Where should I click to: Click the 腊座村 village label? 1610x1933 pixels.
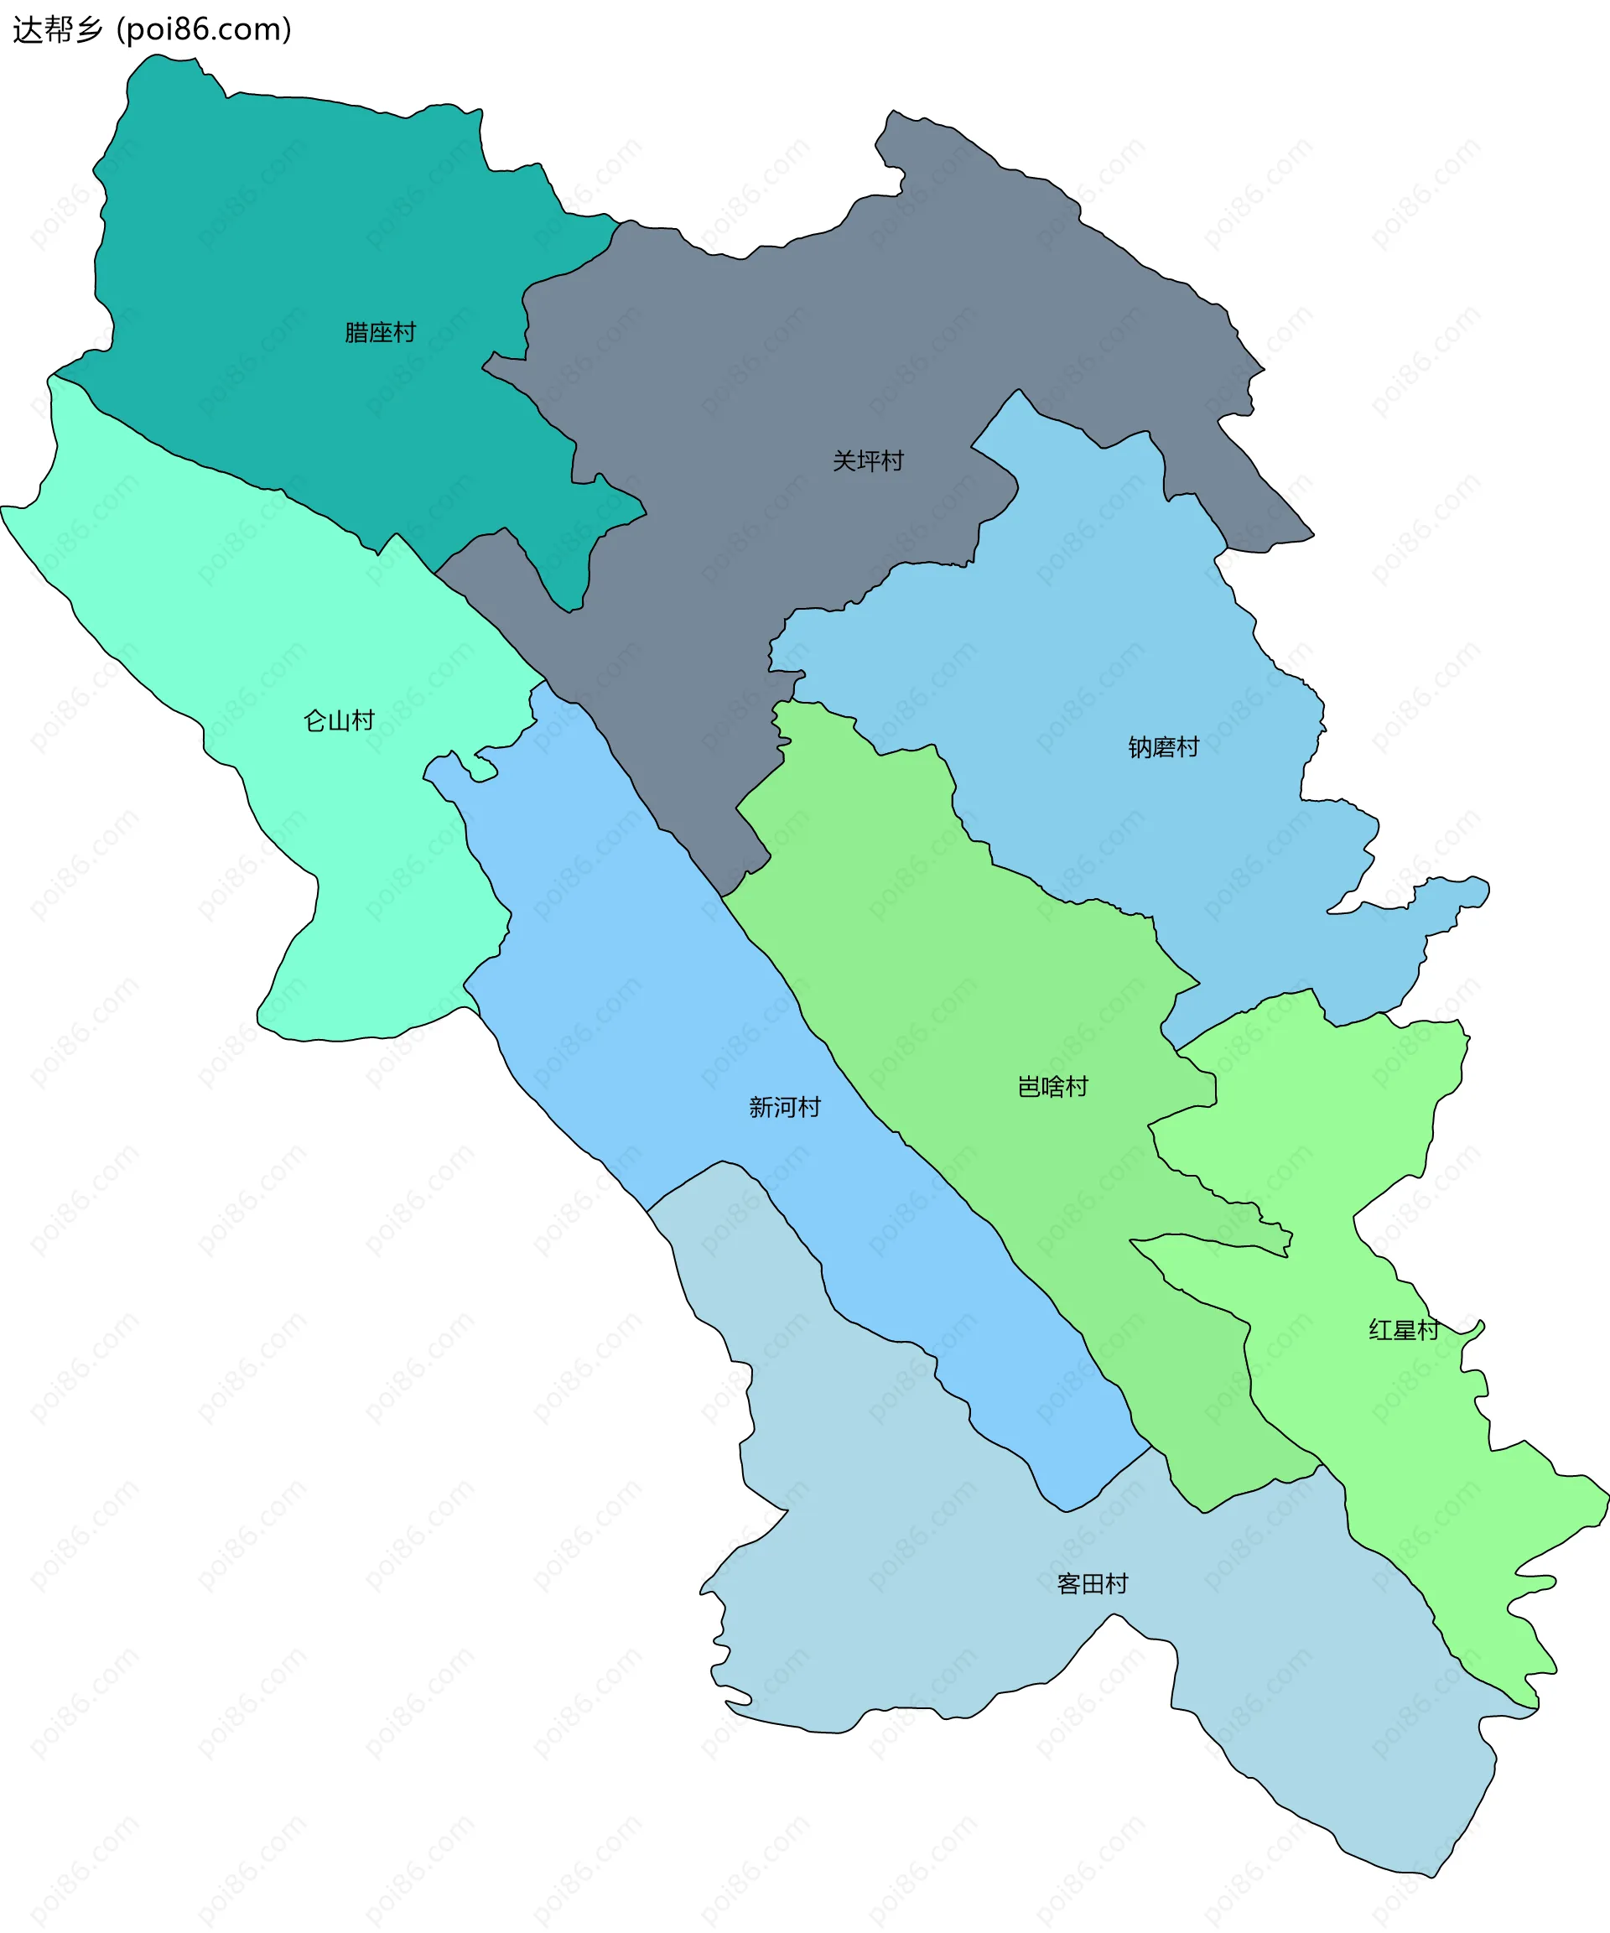coord(380,332)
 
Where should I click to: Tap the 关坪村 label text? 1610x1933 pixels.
coord(868,461)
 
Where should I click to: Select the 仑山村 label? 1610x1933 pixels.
coord(339,720)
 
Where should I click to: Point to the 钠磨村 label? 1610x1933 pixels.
coord(1164,747)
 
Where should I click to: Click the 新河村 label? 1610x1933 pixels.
coord(784,1107)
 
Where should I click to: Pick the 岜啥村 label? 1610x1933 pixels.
coord(1053,1087)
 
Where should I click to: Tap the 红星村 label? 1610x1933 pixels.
coord(1404,1330)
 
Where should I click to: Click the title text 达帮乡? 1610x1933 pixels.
coord(57,30)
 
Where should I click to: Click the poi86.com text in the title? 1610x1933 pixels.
coord(205,30)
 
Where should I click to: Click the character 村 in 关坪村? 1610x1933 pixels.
coord(892,461)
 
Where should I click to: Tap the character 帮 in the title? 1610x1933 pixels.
coord(57,30)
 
